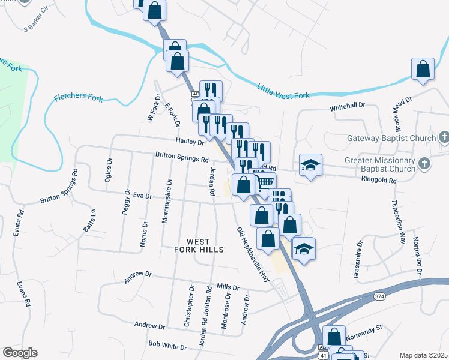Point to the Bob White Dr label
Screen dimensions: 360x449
(167, 346)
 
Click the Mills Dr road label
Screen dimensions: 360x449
(228, 287)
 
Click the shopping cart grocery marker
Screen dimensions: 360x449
(264, 182)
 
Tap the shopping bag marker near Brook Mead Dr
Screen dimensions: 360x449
(423, 69)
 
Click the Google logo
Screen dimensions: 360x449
(20, 353)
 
